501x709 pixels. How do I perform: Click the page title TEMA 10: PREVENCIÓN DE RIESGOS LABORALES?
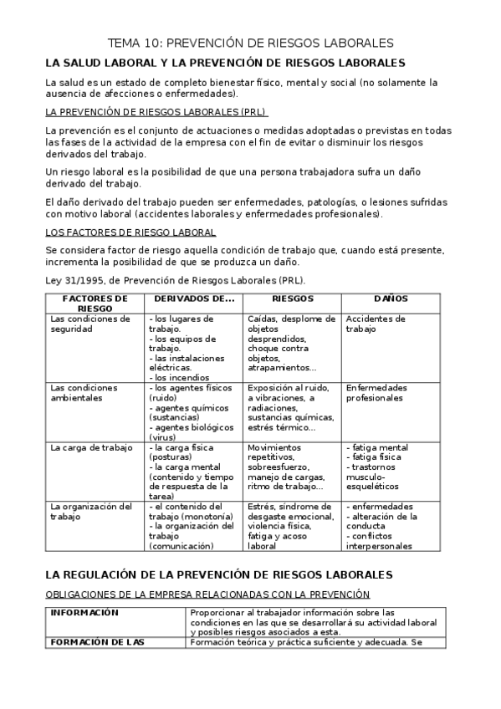250,43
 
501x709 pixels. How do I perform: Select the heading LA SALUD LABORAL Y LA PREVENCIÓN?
226,63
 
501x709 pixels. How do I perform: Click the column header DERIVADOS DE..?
194,298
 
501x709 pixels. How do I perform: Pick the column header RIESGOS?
293,298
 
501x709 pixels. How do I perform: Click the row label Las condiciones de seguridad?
90,324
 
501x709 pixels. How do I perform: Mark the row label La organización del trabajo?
91,512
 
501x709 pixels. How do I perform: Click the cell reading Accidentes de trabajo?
375,324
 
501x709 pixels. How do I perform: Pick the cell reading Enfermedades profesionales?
376,393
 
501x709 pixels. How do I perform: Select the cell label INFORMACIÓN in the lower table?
84,613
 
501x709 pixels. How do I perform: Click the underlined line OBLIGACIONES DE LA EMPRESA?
207,594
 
